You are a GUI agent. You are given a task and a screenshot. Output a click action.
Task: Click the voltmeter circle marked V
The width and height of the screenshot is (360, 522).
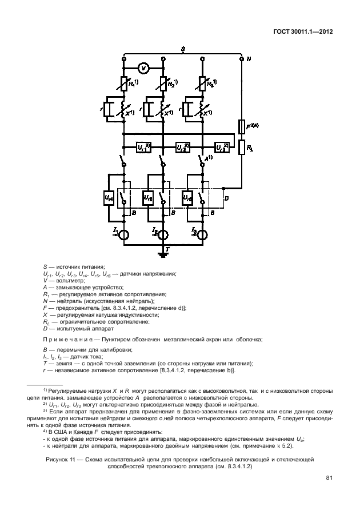(144, 68)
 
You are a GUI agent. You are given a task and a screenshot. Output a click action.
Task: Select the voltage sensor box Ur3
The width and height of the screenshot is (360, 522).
(221, 148)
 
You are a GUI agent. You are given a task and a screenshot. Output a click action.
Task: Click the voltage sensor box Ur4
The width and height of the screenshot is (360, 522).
(109, 197)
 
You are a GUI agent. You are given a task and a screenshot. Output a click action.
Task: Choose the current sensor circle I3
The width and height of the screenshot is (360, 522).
(202, 234)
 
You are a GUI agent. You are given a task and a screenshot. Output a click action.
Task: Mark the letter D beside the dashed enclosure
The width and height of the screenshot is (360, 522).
(227, 198)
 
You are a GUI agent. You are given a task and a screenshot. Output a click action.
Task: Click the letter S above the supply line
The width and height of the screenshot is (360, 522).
(182, 50)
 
